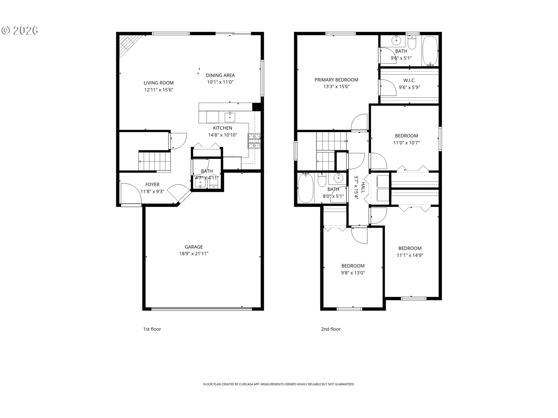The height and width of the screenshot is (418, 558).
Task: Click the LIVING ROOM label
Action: tap(158, 83)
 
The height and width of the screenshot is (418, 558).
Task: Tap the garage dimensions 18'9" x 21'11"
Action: tap(194, 254)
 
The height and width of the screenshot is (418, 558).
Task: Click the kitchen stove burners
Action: tap(254, 141)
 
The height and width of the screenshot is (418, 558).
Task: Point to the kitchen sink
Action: tap(230, 117)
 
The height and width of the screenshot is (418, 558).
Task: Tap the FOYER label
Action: tap(152, 185)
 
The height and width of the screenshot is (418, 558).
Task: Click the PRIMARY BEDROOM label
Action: tap(336, 80)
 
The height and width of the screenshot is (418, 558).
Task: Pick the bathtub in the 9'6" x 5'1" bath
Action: tap(430, 51)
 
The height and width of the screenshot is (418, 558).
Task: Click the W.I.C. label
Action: tap(409, 80)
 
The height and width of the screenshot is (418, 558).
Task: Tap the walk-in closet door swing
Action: tap(388, 87)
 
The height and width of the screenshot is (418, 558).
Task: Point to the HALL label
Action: tap(363, 187)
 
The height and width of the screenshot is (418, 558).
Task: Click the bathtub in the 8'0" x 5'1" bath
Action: tap(305, 188)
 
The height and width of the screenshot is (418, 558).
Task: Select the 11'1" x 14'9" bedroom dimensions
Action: tap(410, 255)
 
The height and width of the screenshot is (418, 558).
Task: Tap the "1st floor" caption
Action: tap(152, 329)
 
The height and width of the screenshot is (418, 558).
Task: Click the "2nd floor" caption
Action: tap(330, 329)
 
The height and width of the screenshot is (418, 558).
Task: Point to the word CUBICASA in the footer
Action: tap(246, 384)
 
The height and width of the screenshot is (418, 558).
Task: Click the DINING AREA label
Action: tap(220, 75)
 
